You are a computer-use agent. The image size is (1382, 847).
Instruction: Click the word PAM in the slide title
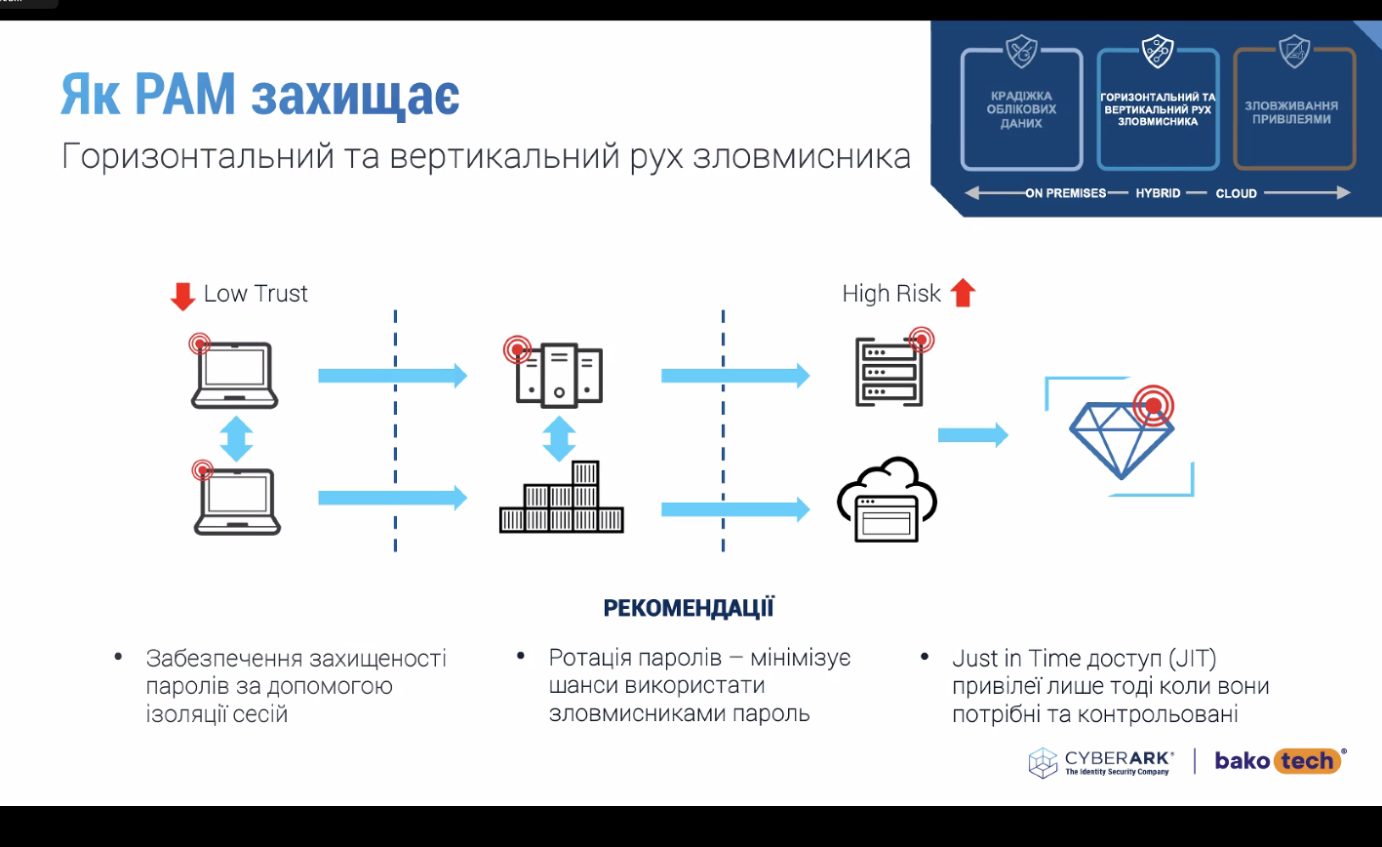184,94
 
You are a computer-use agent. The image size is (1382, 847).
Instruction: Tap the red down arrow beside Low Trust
182,297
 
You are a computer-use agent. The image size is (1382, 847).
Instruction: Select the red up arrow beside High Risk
963,293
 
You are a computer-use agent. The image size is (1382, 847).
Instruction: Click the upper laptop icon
234,375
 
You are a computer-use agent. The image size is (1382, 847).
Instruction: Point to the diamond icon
1121,439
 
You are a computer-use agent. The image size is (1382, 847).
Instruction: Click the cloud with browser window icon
887,500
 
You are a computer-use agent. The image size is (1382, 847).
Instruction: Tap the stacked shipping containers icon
562,497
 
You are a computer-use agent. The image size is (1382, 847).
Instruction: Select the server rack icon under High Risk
889,372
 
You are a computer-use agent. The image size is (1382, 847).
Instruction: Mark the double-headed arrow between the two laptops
236,439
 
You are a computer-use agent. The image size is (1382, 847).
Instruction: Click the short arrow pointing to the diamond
973,435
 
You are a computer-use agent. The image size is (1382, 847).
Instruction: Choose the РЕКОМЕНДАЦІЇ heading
688,608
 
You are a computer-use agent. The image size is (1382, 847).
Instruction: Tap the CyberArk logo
1101,762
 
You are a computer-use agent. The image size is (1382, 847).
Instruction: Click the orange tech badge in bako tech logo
1307,761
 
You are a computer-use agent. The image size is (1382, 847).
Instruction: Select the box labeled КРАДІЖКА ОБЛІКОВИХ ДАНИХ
1021,109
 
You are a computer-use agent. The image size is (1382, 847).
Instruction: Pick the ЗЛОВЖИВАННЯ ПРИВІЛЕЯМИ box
1294,109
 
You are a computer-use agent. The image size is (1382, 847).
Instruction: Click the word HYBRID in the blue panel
1158,193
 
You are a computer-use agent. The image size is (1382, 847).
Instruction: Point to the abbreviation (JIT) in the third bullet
1193,659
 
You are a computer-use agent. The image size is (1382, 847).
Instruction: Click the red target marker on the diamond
1153,406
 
